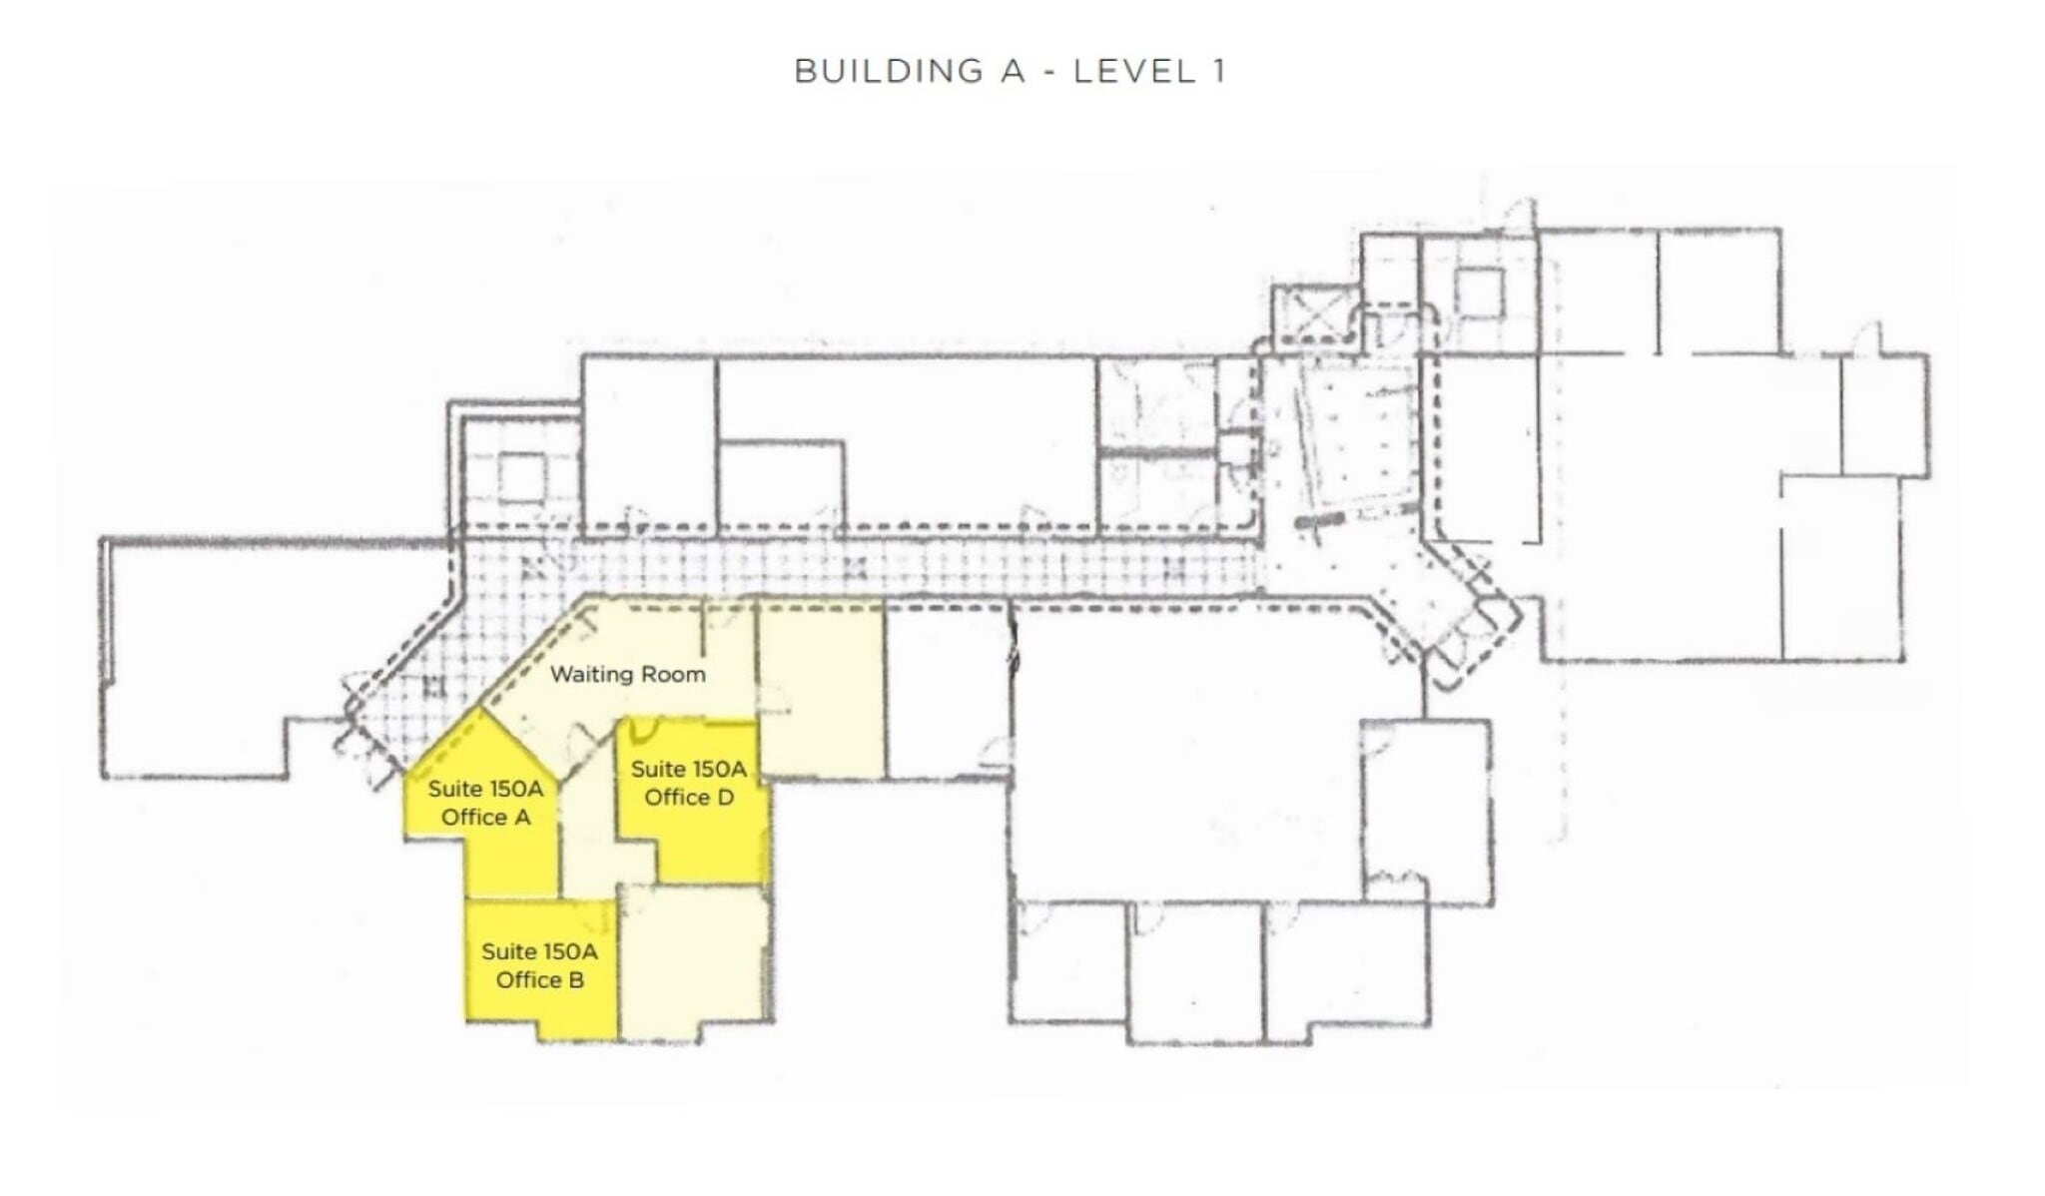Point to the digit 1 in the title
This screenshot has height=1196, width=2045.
coord(1218,72)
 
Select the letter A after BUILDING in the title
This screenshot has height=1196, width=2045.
coord(1014,72)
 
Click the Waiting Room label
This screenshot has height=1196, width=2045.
coord(627,675)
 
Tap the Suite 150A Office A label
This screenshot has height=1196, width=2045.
coord(485,803)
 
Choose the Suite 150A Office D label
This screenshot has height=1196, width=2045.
coord(689,783)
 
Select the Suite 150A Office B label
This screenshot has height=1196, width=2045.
coord(539,965)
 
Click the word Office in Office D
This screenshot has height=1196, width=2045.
coord(675,797)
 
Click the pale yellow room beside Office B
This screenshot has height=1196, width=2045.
coord(695,958)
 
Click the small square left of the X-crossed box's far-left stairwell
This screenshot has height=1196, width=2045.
coord(521,477)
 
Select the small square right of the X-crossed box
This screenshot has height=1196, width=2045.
coord(1478,295)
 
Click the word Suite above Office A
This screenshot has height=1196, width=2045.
coord(454,790)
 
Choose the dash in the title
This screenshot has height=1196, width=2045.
coord(1048,72)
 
